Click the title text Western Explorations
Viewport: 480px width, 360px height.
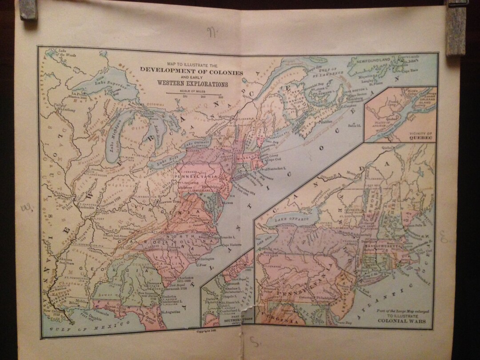192,84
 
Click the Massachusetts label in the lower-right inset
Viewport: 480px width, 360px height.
384,245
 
